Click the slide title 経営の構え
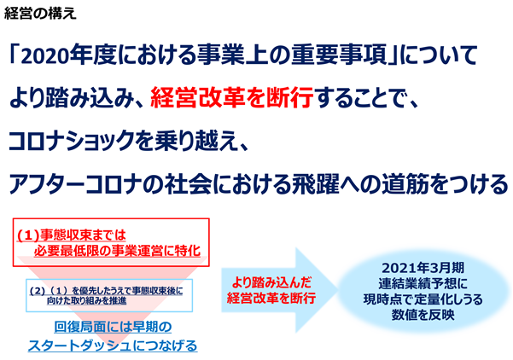click(40, 14)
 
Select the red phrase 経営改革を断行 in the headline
click(231, 98)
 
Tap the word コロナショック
click(72, 141)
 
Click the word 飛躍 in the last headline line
click(315, 184)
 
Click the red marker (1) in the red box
click(28, 235)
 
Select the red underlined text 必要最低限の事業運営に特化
click(117, 251)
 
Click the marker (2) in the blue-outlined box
click(37, 291)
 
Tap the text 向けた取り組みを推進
click(86, 301)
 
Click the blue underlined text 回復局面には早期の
click(113, 327)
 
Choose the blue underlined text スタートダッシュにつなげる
click(113, 345)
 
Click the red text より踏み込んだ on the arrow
click(271, 282)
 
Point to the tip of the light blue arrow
click(338, 290)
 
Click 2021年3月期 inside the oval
click(423, 268)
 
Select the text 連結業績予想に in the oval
click(423, 284)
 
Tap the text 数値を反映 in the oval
click(423, 315)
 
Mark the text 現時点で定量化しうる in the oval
click(423, 299)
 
